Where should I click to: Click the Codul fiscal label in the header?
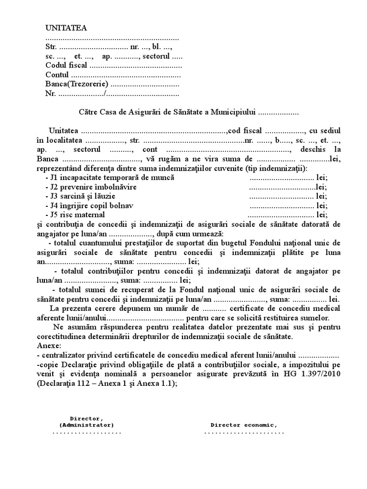click(66, 65)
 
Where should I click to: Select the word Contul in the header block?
click(57, 75)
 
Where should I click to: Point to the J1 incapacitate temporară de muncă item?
click(109, 178)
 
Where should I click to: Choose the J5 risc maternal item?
click(77, 215)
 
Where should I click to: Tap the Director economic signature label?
click(244, 425)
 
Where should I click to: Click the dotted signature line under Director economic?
click(244, 433)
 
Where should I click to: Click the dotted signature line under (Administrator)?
click(86, 433)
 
